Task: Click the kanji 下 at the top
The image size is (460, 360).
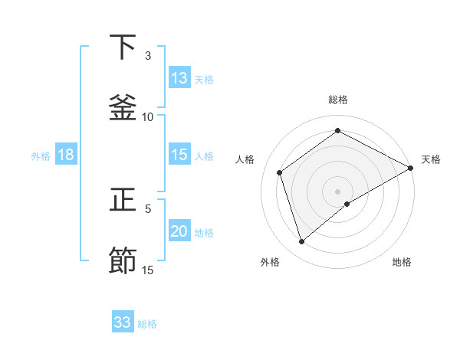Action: (123, 47)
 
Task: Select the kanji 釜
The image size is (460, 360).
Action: (123, 107)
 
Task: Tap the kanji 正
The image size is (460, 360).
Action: (123, 201)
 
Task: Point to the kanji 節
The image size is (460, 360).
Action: (123, 260)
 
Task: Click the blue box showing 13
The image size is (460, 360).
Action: (179, 78)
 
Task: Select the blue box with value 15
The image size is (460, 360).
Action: (179, 155)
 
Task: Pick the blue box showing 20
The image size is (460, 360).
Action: (179, 231)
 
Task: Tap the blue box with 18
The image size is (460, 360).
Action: (66, 155)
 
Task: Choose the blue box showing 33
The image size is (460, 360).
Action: (123, 322)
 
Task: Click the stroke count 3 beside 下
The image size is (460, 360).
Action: (148, 56)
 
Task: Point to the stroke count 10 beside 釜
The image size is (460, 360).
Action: (148, 116)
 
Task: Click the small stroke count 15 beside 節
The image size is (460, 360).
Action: (148, 270)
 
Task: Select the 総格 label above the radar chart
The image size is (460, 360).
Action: (338, 100)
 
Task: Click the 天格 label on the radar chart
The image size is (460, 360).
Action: (431, 159)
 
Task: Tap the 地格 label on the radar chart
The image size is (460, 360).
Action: (402, 262)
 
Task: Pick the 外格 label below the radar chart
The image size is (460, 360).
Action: (270, 262)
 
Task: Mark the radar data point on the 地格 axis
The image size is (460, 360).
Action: (347, 204)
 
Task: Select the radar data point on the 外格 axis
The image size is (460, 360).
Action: (301, 242)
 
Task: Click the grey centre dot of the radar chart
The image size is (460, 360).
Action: (338, 191)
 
